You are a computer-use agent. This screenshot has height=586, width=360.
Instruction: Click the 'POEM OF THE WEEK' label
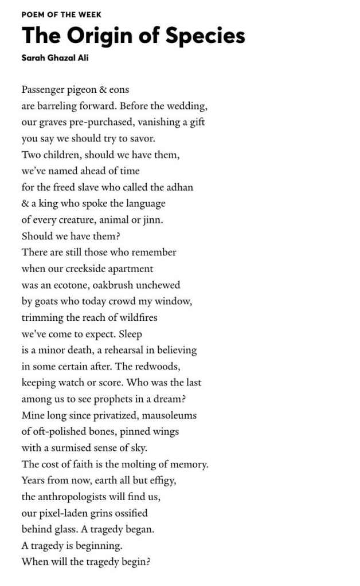(61, 14)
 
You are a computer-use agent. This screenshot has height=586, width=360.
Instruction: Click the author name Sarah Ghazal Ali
(55, 57)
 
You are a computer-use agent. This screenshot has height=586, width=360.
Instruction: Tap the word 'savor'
(141, 139)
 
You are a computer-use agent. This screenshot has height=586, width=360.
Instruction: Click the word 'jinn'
(152, 219)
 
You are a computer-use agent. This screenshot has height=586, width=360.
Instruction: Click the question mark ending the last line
(148, 561)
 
